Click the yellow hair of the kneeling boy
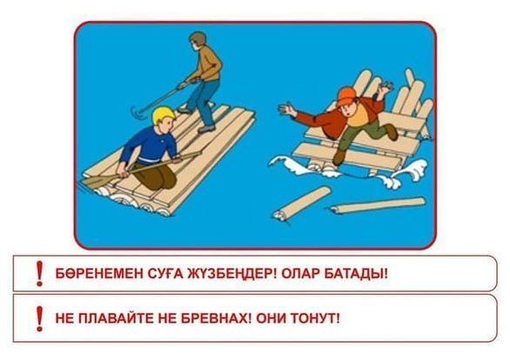[164, 114]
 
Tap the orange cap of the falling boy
[346, 95]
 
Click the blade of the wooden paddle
[95, 181]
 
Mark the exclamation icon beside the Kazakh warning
[40, 273]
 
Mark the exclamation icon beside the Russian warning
[40, 318]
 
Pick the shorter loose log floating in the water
[301, 202]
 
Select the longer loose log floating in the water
[378, 205]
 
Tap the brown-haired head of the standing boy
[197, 41]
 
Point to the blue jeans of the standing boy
[201, 101]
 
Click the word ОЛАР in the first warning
[299, 274]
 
